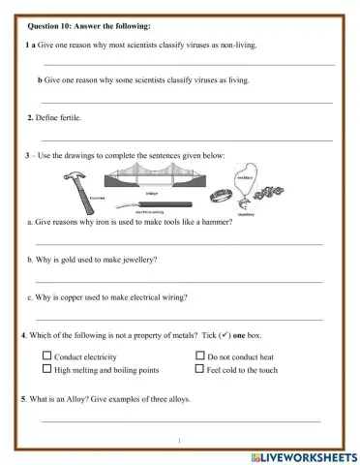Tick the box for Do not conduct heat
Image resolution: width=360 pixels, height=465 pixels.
point(199,357)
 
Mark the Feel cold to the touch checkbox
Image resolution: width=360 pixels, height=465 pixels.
point(199,370)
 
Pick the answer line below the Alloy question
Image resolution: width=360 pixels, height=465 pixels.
point(179,421)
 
